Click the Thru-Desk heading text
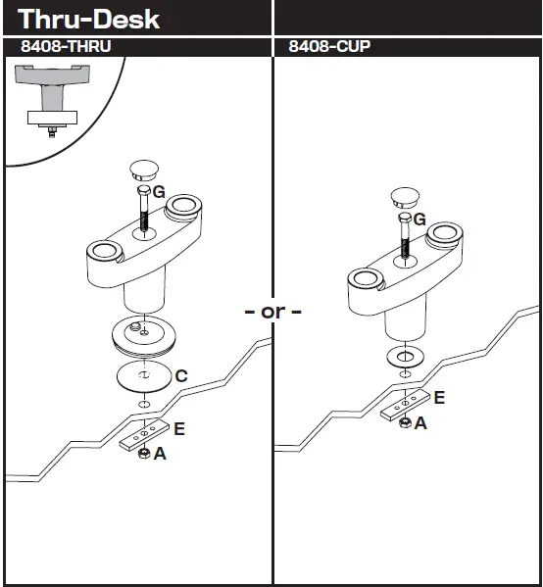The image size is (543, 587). point(89,19)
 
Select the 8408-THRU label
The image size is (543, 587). point(69,47)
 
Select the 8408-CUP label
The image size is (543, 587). point(329,47)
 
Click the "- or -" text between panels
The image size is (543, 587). point(272,313)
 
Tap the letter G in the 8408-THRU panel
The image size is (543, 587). point(159,193)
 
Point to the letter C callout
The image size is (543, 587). point(180,375)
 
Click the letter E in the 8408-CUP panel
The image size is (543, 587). point(438,397)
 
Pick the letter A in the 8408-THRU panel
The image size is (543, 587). point(159,454)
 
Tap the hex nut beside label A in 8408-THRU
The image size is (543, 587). point(143,454)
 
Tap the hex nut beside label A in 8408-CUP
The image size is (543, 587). point(403,422)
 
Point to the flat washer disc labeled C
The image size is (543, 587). point(143,376)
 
